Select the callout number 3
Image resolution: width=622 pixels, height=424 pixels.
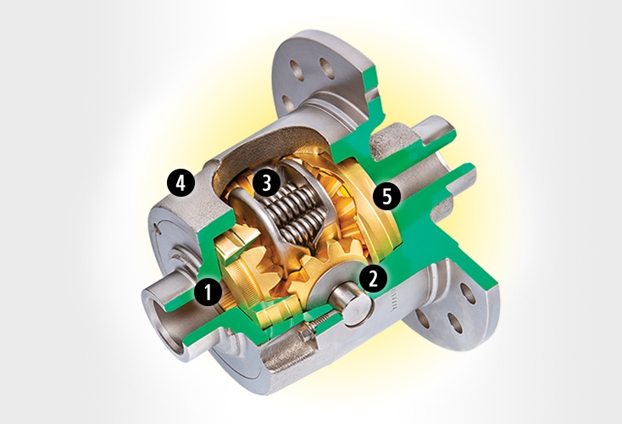click(x=265, y=181)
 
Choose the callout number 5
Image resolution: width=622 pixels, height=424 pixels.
click(x=386, y=197)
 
